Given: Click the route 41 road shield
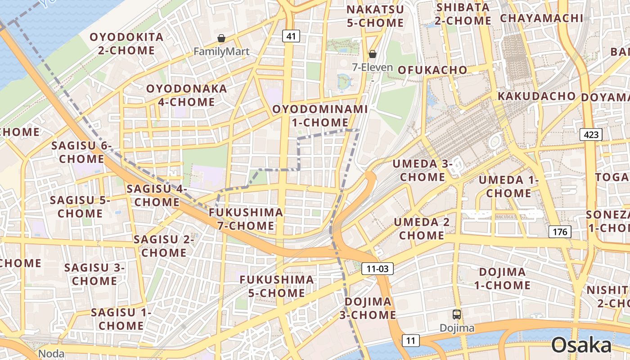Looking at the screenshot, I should tap(291, 36).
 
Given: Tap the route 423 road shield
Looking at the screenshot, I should tap(591, 134).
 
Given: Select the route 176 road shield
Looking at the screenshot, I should tap(560, 232).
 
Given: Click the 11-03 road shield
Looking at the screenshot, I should tap(377, 269).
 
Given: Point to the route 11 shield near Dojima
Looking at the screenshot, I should tap(410, 340).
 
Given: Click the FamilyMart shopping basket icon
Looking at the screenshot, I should tap(221, 39).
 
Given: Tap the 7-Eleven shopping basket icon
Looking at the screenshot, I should tap(373, 54).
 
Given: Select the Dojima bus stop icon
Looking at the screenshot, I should tap(457, 315).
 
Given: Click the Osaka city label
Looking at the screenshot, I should tap(581, 346).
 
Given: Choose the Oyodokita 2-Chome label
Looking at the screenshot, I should tap(126, 44).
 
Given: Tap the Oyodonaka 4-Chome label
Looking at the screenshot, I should tap(186, 95).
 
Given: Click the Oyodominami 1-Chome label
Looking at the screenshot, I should tap(320, 116).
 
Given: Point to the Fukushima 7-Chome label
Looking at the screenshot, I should tap(246, 219).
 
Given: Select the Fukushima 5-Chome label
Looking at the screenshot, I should tap(276, 286).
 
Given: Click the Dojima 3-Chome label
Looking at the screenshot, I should tap(368, 308).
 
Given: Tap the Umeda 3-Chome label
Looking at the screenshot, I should tap(422, 170).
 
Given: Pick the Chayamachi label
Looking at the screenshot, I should tap(541, 18).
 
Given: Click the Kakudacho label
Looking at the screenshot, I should tap(536, 96).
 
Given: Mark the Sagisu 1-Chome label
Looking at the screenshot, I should tap(121, 319).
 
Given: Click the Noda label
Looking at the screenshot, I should tap(51, 354).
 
